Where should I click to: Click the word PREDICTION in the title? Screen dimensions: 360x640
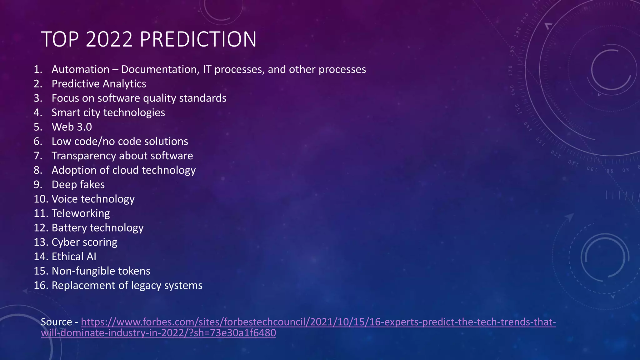point(198,39)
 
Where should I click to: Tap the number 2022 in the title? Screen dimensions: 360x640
point(109,39)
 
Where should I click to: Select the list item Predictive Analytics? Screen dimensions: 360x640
point(99,84)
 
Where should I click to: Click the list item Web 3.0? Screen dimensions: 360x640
point(72,127)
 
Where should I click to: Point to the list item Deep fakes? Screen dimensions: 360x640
point(78,185)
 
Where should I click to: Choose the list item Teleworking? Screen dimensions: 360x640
point(81,213)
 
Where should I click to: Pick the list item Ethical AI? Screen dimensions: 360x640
point(74,257)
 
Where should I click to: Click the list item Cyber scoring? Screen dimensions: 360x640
point(84,242)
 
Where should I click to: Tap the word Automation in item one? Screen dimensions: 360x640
point(80,69)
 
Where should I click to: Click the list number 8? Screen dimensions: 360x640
point(38,170)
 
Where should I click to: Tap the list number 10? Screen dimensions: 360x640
point(41,199)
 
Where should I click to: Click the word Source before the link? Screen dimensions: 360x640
point(56,322)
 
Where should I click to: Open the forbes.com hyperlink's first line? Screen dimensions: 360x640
point(318,322)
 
